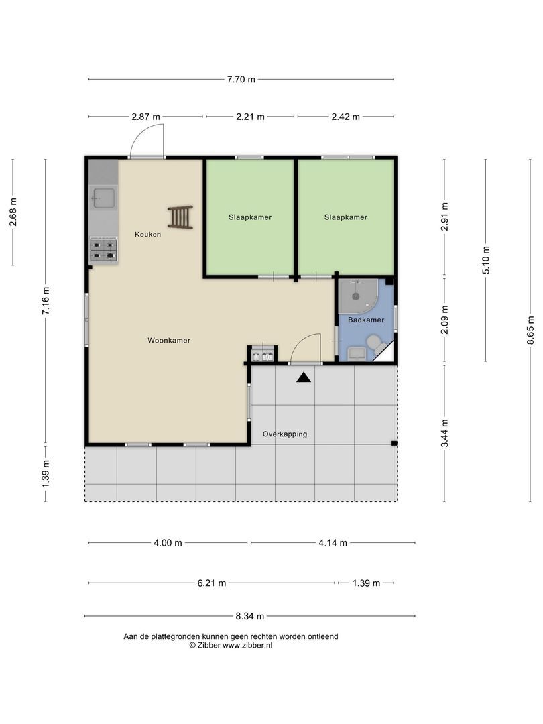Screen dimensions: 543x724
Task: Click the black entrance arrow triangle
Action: pos(304,377)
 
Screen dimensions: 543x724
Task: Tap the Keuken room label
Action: pos(147,234)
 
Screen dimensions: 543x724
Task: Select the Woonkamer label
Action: pos(169,341)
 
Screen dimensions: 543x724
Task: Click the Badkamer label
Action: pos(366,320)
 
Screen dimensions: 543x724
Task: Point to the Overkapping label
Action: pos(285,434)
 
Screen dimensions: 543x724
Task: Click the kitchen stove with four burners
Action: pos(103,250)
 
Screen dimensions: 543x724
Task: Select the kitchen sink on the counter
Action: pos(103,199)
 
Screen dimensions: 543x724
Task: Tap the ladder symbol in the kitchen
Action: pos(180,217)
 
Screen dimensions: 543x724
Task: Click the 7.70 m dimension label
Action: pos(241,79)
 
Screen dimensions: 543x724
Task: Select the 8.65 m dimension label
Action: pos(531,330)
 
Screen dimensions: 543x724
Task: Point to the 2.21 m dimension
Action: pos(250,117)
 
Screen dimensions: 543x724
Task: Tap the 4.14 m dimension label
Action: pos(333,543)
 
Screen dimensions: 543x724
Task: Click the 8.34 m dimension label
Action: pos(250,616)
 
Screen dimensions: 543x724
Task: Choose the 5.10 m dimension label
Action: pos(486,260)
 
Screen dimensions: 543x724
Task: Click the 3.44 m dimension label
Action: pos(444,433)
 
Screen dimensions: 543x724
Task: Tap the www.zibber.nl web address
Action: pos(247,646)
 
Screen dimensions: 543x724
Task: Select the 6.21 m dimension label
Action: pos(212,583)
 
